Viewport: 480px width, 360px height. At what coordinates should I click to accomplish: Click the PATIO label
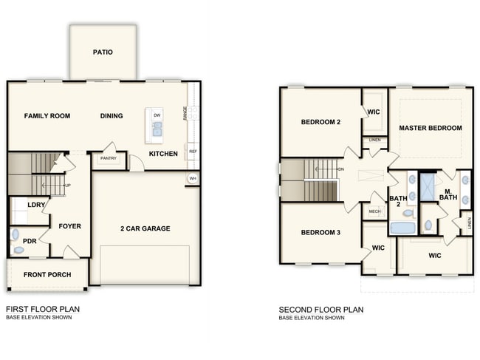click(x=103, y=52)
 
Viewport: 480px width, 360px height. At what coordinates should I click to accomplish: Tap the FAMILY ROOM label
click(x=47, y=116)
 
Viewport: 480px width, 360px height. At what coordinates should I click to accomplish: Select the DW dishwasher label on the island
click(x=157, y=115)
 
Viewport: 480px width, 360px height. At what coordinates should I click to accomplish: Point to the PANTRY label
click(x=109, y=158)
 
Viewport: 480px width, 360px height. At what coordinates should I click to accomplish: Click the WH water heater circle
click(x=193, y=178)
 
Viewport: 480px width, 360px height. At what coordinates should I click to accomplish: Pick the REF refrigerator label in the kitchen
click(x=193, y=152)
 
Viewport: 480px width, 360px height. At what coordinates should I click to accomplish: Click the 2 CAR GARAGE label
click(x=145, y=228)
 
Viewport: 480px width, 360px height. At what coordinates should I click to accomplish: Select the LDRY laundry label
click(x=36, y=205)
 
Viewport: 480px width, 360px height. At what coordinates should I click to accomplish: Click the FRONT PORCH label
click(x=47, y=274)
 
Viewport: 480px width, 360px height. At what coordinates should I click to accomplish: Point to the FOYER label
click(x=70, y=226)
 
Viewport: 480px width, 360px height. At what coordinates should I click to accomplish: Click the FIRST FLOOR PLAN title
click(x=43, y=309)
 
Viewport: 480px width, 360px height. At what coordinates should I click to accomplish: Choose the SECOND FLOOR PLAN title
click(x=321, y=310)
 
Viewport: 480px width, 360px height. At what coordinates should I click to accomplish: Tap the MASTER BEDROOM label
click(x=431, y=128)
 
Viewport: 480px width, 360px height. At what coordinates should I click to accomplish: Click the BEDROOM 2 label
click(x=320, y=122)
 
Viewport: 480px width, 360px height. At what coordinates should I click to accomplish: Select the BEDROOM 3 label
click(x=320, y=232)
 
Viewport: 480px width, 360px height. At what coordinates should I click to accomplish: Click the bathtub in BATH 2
click(x=402, y=228)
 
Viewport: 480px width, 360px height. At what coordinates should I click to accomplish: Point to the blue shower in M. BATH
click(x=428, y=187)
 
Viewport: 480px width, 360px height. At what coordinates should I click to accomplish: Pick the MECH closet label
click(x=374, y=211)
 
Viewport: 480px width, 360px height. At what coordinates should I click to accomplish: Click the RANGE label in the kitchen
click(x=185, y=113)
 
